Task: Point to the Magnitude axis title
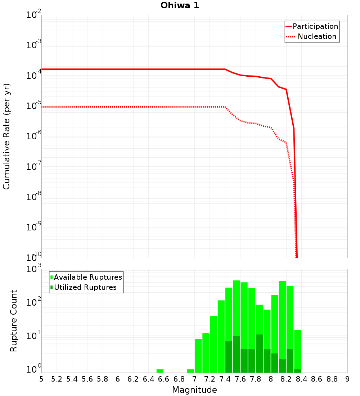[x=194, y=390]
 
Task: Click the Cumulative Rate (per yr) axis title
[x=6, y=136]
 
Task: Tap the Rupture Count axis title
[x=14, y=321]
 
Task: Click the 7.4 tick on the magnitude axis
[x=225, y=379]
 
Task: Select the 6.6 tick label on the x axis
[x=164, y=379]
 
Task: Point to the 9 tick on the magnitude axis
[x=347, y=379]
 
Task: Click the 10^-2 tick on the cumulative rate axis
[x=34, y=15]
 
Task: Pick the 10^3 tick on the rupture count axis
[x=34, y=269]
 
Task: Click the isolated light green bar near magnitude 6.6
[x=160, y=371]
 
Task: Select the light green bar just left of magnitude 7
[x=190, y=371]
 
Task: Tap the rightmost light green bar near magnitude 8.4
[x=297, y=349]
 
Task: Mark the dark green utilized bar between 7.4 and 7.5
[x=229, y=357]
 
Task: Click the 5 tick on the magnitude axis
[x=41, y=379]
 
